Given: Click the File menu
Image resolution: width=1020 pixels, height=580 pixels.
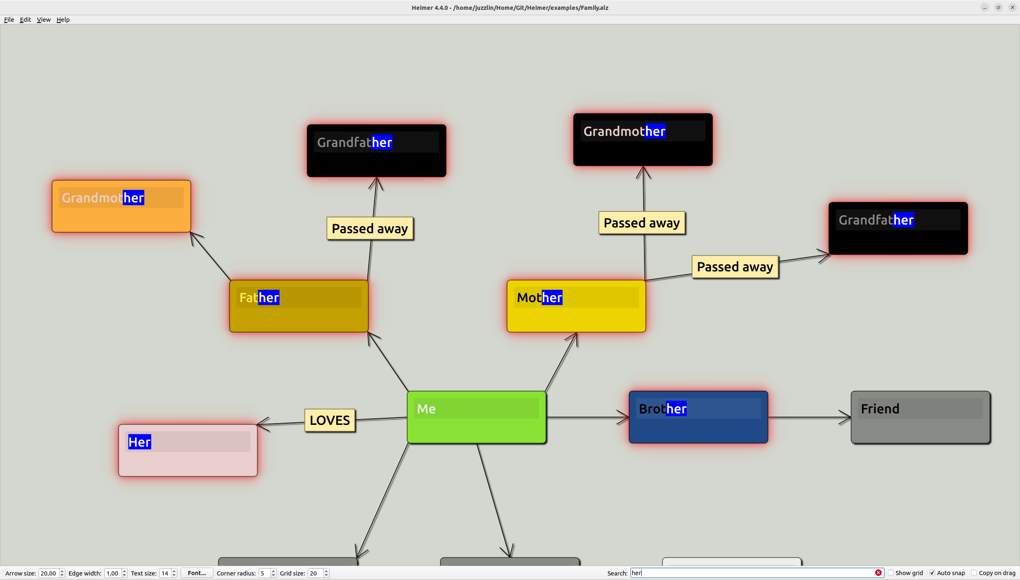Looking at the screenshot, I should pos(9,20).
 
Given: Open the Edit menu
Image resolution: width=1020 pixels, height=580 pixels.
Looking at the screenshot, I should pos(25,20).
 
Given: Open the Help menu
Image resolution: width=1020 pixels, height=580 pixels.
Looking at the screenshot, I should pos(63,20).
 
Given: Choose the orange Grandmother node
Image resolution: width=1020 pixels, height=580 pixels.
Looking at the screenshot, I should pos(121,218).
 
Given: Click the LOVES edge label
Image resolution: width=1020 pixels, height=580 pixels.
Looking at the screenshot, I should pos(330,420).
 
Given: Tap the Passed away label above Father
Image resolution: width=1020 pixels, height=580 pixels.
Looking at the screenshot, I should pos(370,229).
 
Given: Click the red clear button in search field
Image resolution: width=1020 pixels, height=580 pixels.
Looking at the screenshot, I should pos(878,573).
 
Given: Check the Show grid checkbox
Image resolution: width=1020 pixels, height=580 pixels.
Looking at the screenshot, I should pos(891,573).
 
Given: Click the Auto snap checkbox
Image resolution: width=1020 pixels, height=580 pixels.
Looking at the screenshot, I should pos(932,573).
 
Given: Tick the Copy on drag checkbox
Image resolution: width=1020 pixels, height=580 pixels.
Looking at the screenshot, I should pos(974,573).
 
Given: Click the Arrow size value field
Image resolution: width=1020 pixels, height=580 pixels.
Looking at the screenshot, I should pos(48,573).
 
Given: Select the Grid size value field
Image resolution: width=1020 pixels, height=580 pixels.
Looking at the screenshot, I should pos(316,573).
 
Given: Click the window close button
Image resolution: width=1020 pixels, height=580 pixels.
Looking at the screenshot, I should pos(1012,7).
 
